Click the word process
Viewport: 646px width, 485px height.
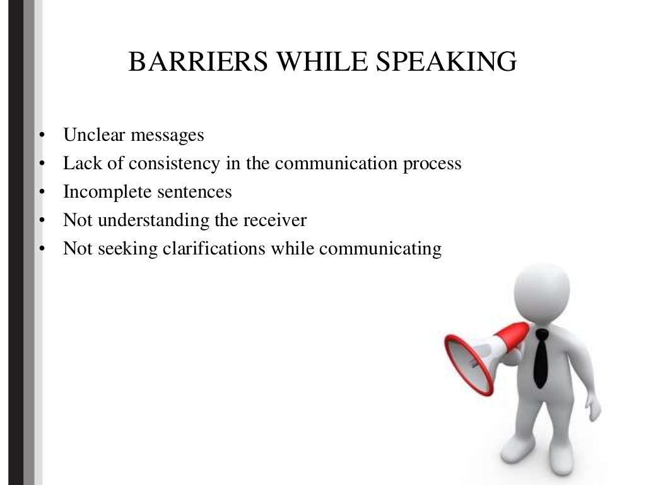click(430, 164)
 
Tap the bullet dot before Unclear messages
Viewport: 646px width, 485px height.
click(41, 135)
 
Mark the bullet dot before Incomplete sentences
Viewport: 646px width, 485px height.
click(41, 192)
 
